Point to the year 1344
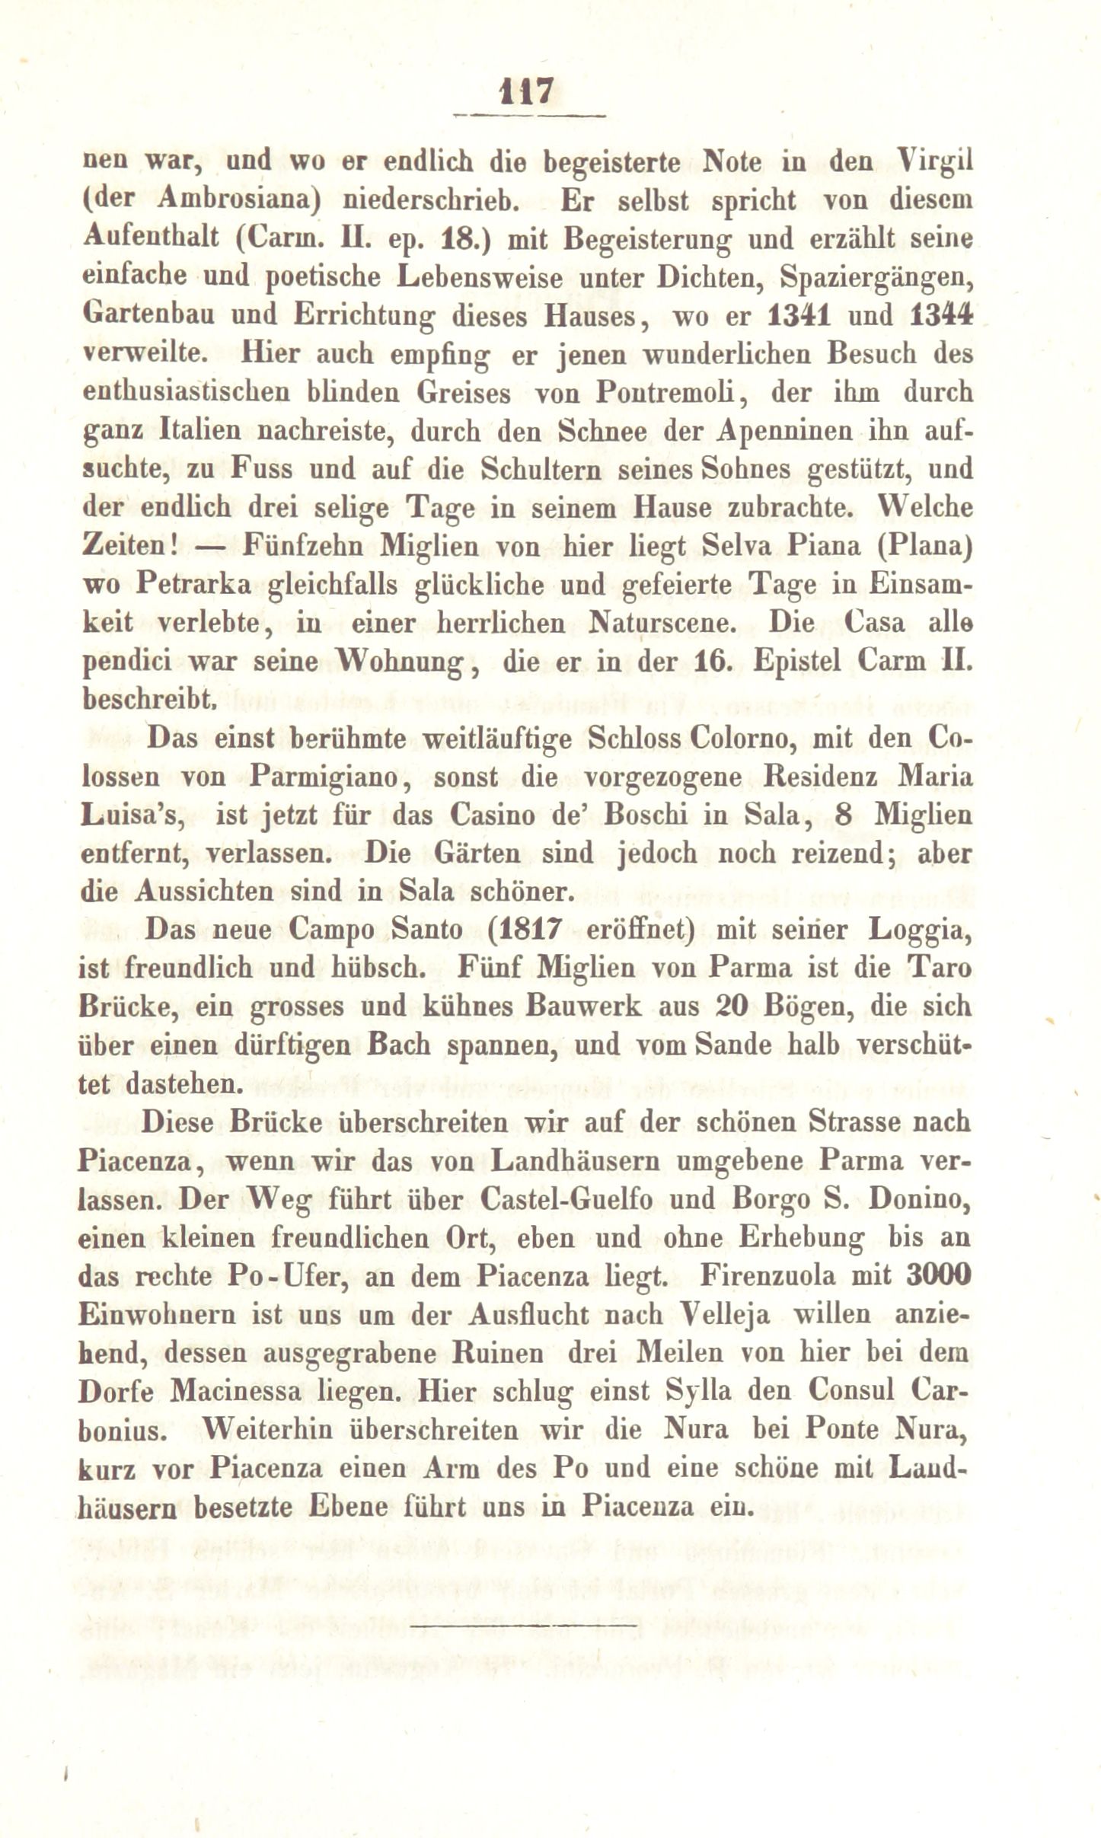coord(942,315)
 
